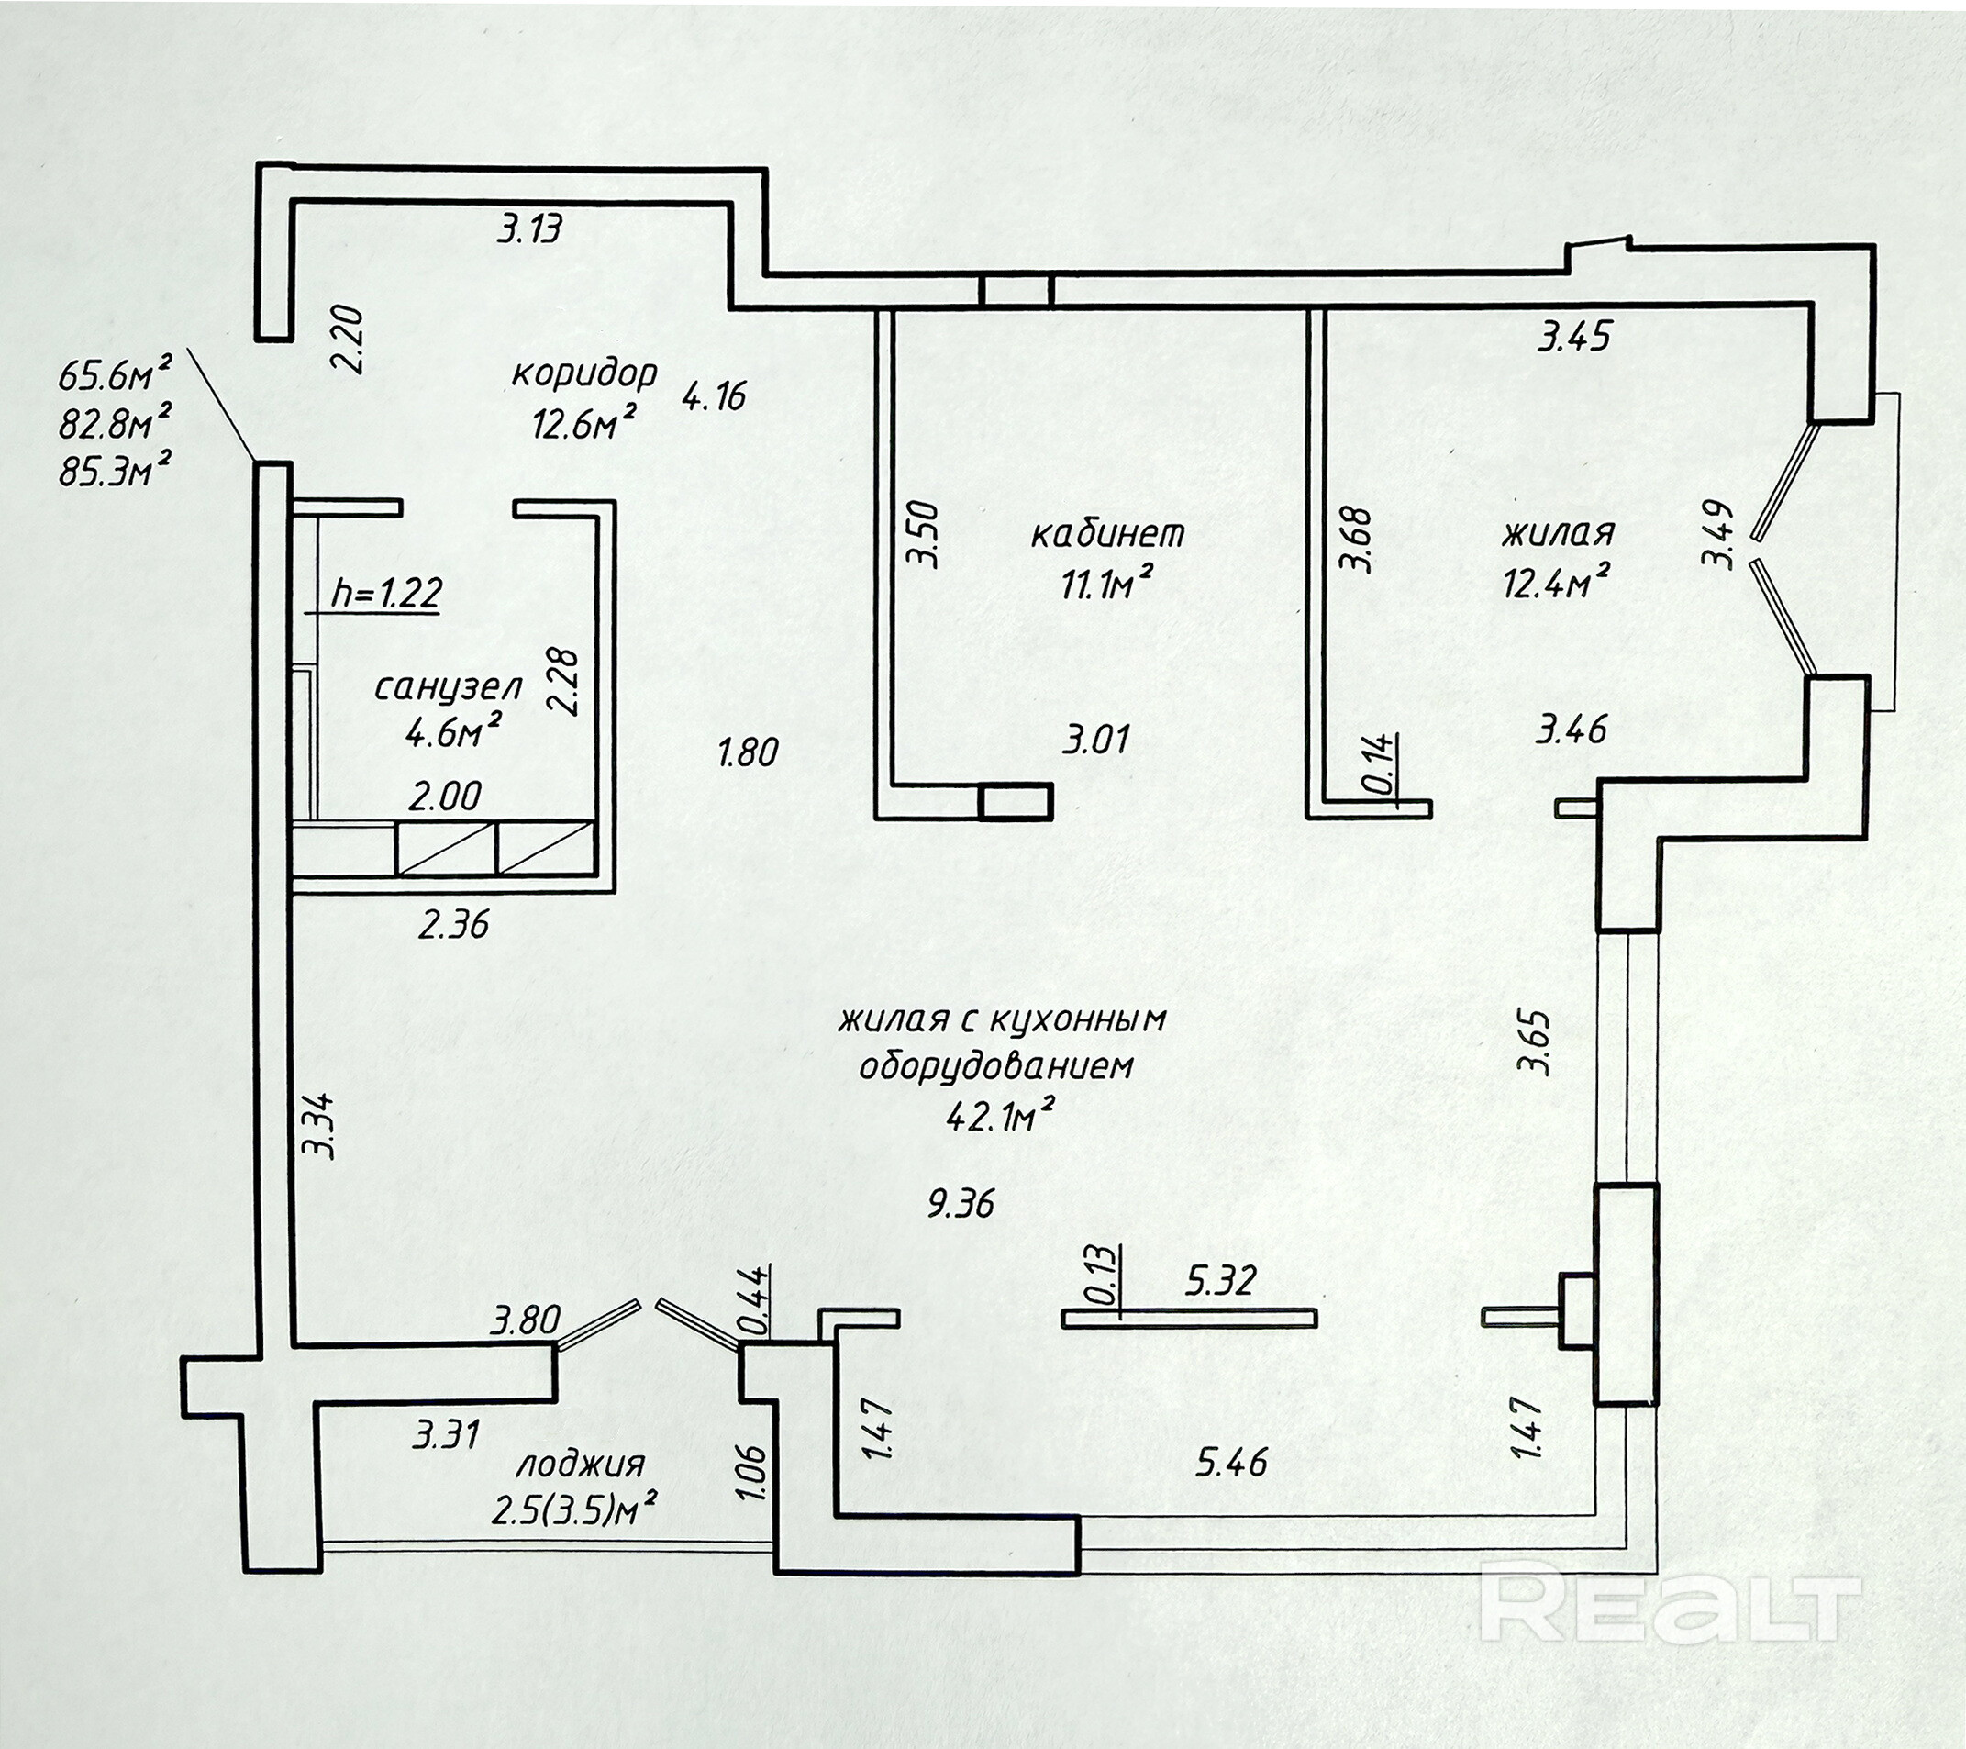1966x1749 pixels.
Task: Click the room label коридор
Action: coord(583,373)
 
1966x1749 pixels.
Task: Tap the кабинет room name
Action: coord(1107,533)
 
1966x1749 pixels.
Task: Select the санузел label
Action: coord(449,687)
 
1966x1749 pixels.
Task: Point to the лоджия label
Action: coord(580,1465)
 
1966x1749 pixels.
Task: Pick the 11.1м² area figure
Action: coord(1107,584)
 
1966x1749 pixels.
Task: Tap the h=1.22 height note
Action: coord(386,594)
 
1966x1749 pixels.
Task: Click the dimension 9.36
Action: coord(960,1203)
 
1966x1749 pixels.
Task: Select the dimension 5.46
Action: coord(1232,1464)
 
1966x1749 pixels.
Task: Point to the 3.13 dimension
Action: coord(529,230)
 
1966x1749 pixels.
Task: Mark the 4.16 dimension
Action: coord(714,395)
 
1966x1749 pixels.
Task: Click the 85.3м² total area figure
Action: coord(116,472)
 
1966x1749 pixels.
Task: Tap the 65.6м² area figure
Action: coord(116,373)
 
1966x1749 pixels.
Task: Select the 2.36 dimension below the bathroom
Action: coord(453,925)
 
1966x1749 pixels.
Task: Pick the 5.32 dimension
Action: coord(1219,1280)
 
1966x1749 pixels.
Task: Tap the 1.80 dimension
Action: coord(749,752)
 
